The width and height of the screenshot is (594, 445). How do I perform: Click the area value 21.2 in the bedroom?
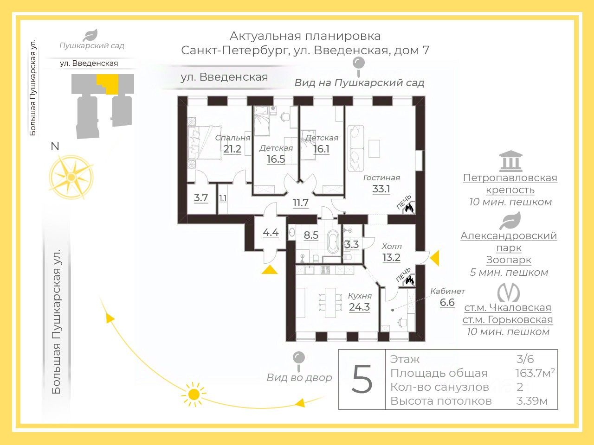coord(232,149)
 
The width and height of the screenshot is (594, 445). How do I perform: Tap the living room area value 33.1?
coord(381,189)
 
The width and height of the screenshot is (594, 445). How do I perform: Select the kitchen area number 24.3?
coord(359,307)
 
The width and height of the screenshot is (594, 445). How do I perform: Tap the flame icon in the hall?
coord(409,280)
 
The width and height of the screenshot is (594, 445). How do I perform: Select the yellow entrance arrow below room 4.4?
coord(270,270)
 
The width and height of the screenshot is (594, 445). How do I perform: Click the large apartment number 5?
coord(362,379)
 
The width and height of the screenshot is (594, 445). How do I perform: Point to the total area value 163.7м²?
coord(535,373)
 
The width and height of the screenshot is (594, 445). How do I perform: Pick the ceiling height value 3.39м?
coord(532,401)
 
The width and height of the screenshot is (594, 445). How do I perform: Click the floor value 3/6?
coord(525,359)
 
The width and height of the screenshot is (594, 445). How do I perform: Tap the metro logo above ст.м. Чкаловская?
coord(509,292)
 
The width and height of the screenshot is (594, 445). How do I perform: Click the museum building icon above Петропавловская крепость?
coord(510,161)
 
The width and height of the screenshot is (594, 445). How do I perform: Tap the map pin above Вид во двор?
coord(299,359)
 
